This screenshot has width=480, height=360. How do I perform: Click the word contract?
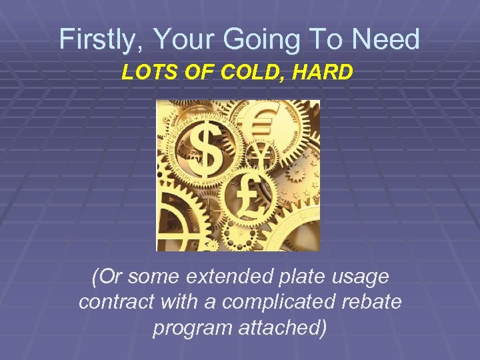[117, 301]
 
